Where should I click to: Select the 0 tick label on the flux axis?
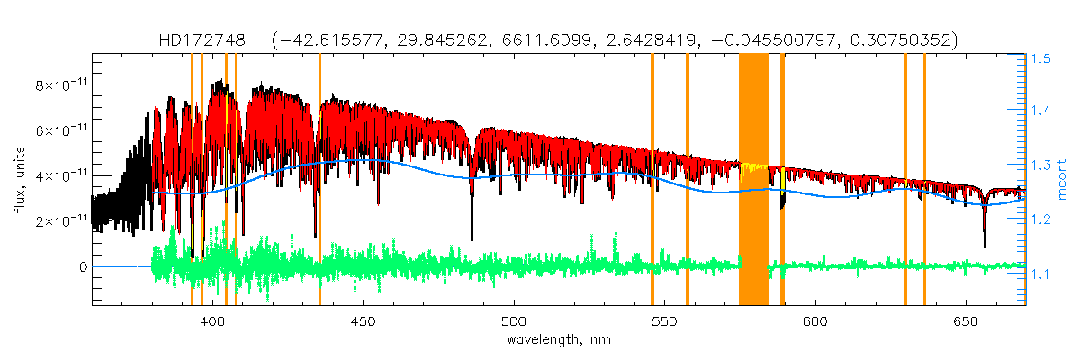[x=83, y=266]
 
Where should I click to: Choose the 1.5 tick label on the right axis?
[x=1041, y=58]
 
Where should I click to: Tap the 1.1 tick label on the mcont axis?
[x=1041, y=274]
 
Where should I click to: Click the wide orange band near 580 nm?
[x=753, y=180]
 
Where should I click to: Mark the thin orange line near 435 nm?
[x=319, y=180]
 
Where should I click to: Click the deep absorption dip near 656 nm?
[x=985, y=243]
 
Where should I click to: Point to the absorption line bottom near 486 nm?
[x=472, y=238]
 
